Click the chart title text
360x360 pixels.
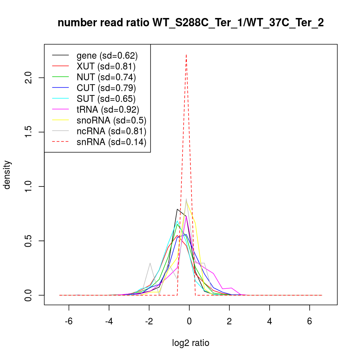190,23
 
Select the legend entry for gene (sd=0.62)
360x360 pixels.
107,56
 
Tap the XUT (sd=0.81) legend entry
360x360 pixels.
106,66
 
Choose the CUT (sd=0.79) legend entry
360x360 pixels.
106,88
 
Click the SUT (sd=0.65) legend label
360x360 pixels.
106,99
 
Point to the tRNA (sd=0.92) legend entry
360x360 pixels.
108,109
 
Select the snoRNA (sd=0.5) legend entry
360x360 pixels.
111,120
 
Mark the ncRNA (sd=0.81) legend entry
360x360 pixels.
111,131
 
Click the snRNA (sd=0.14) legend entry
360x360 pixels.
111,142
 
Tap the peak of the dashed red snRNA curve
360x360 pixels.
186,55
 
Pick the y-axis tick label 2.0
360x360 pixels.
29,78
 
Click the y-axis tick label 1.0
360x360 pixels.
29,186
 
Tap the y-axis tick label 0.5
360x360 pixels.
29,241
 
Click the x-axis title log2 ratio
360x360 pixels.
191,343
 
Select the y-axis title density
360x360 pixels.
8,175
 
